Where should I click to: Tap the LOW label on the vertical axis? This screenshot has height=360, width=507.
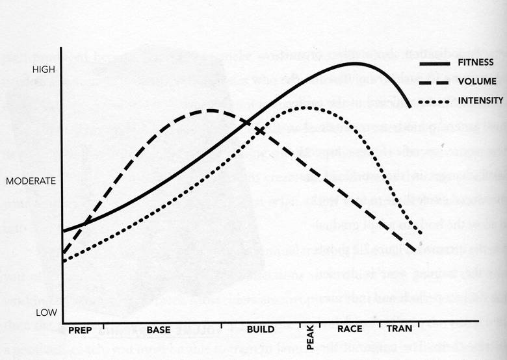click(46, 313)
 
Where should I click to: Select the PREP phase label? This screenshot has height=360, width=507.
click(80, 329)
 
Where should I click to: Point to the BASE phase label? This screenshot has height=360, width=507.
click(159, 329)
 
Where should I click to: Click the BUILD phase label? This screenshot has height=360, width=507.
click(261, 329)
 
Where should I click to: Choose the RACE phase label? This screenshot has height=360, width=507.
click(350, 329)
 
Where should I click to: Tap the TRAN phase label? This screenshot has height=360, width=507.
click(399, 329)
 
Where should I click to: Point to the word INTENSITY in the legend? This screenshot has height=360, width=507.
click(480, 101)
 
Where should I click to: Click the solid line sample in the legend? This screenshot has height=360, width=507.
click(435, 64)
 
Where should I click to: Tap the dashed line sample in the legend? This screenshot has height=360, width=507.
click(435, 83)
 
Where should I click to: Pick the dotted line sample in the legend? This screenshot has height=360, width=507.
click(435, 101)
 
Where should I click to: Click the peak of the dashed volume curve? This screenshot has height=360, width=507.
click(211, 110)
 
